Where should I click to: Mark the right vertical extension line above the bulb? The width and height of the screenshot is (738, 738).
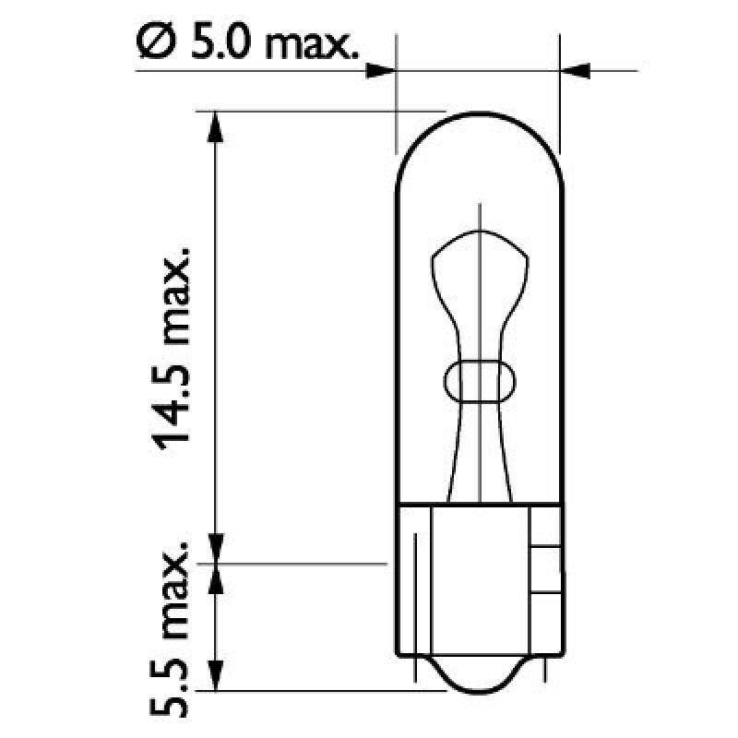(560, 83)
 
